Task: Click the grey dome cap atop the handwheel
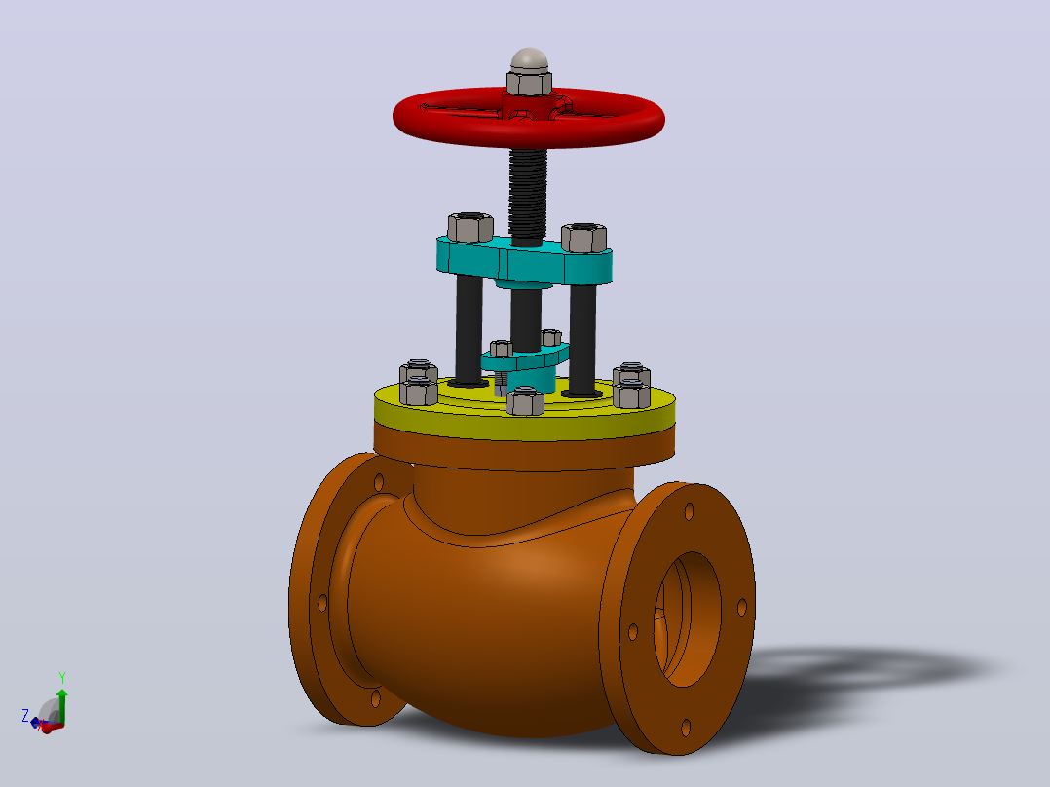tap(529, 59)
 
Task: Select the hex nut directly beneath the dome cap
tap(529, 83)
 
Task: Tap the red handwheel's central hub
tap(528, 106)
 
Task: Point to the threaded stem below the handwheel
tap(528, 194)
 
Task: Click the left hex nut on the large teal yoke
tap(470, 227)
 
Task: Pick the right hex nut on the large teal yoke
tap(584, 238)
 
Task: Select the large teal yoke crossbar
tap(524, 261)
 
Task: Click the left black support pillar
tap(469, 330)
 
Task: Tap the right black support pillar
tap(582, 338)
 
